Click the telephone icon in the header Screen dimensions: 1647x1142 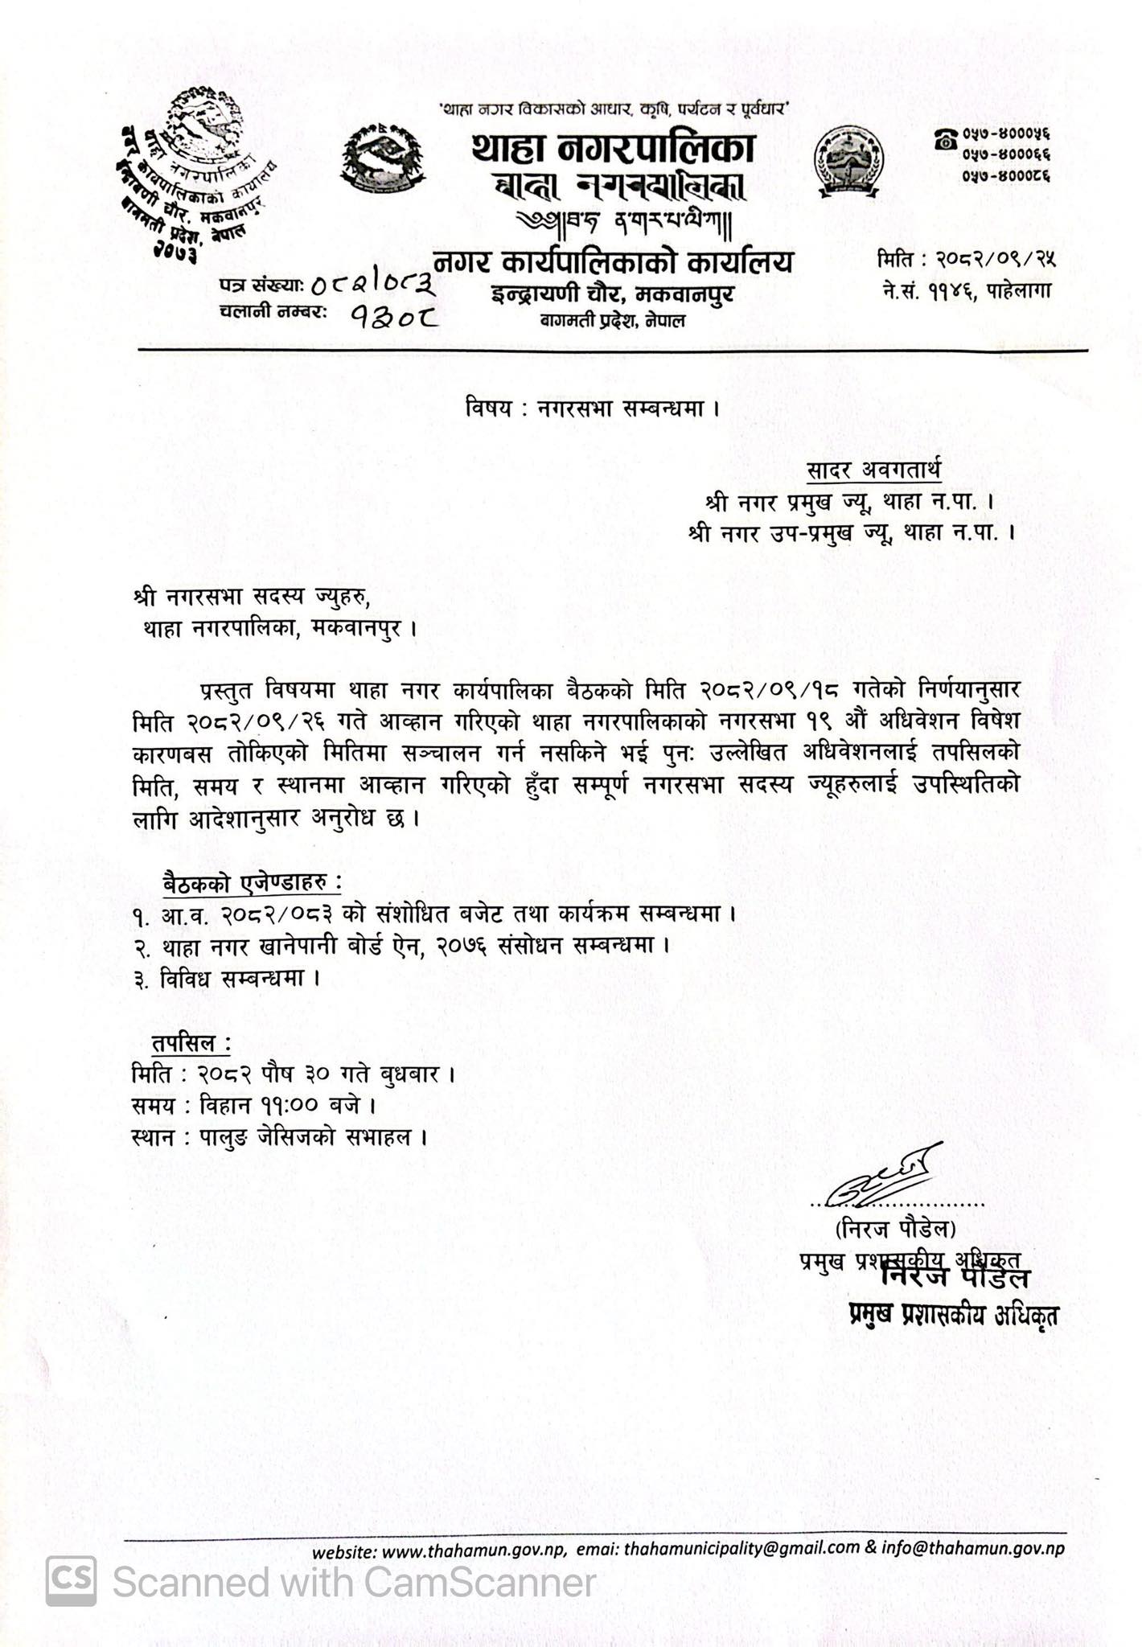coord(945,139)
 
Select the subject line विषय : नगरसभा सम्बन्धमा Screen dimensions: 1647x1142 coord(592,409)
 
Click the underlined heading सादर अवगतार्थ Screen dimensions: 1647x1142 coord(875,468)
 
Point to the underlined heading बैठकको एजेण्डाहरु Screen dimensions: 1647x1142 coord(252,881)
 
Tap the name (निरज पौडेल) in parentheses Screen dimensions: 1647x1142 coord(895,1230)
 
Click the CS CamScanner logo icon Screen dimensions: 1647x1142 coord(71,1581)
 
